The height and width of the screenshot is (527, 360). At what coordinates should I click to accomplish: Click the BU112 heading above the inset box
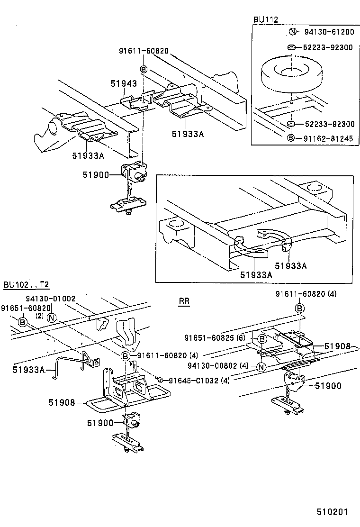265,19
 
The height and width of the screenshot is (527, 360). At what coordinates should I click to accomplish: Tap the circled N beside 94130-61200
292,32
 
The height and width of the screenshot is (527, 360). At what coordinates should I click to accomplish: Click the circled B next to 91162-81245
292,138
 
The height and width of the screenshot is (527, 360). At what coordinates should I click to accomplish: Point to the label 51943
124,83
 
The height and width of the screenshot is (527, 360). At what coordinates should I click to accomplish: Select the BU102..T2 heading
26,285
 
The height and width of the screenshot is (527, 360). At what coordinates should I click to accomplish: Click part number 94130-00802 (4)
218,365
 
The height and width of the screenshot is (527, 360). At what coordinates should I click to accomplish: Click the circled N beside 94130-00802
261,366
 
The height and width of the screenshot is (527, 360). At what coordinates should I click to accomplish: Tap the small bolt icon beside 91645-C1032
161,380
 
